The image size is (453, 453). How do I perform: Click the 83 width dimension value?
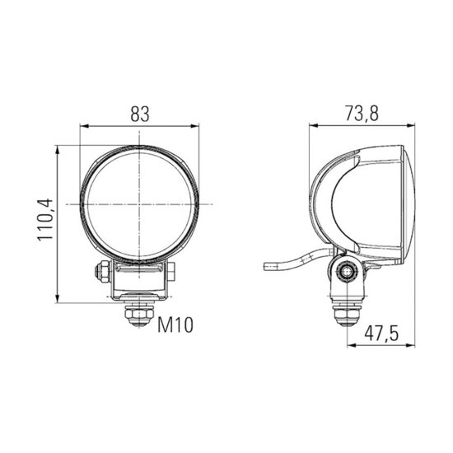point(140,114)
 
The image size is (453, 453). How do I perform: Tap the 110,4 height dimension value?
point(45,220)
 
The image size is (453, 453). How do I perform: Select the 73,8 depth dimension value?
point(362,113)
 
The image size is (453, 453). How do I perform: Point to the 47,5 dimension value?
point(381,333)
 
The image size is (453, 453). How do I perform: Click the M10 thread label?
point(175,325)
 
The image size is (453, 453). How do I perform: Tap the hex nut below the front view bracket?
point(138,316)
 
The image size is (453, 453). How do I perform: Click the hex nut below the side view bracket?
point(347,315)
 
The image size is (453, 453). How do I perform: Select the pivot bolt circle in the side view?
point(347,272)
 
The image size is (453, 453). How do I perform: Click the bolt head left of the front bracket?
point(102,272)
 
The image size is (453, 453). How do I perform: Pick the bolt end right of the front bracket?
point(170,272)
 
